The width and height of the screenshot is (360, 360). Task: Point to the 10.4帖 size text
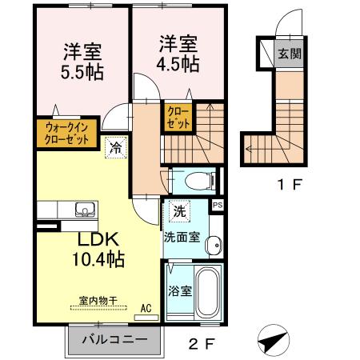tap(100, 258)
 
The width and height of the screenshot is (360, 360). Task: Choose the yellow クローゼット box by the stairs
tap(177, 119)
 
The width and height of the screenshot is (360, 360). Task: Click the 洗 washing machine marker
tap(179, 212)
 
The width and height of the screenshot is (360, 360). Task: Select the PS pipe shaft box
tap(217, 206)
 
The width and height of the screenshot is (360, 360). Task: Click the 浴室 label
tap(179, 291)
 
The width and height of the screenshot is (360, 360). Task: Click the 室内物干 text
tap(98, 301)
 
